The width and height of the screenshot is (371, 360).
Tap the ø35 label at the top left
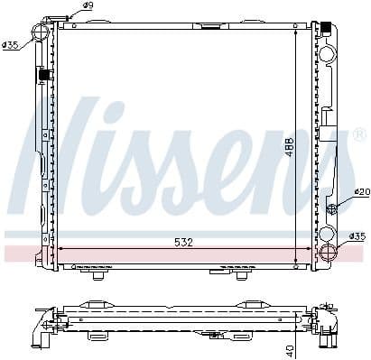pos(11,44)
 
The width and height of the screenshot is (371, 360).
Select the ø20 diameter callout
pos(360,191)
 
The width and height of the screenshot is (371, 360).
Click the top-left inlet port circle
pos(40,35)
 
